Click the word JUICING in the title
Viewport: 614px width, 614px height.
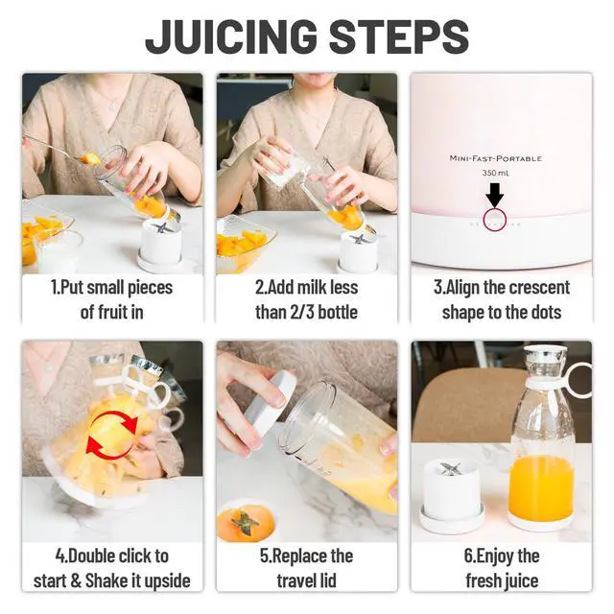(x=232, y=36)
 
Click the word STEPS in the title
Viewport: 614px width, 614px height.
(x=399, y=36)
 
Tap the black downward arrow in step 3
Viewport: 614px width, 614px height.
(x=495, y=194)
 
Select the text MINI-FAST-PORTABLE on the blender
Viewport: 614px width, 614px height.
(x=496, y=158)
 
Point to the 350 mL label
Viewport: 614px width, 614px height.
(x=496, y=173)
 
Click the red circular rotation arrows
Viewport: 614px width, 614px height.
(x=112, y=435)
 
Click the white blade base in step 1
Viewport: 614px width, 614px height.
(x=160, y=244)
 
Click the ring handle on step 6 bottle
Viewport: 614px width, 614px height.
(x=579, y=380)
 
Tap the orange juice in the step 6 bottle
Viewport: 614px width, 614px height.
(x=541, y=487)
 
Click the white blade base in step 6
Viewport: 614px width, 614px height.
(x=451, y=494)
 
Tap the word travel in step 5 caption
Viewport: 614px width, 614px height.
(x=296, y=580)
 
